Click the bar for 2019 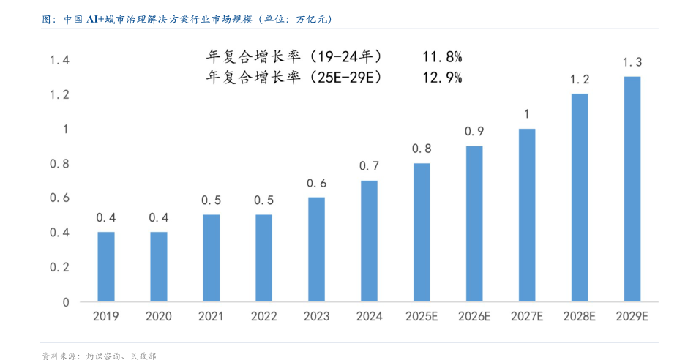(x=106, y=266)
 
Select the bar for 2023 (x=316, y=249)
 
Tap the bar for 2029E (x=632, y=189)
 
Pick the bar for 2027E (x=527, y=215)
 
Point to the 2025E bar (x=422, y=232)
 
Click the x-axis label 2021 (x=211, y=317)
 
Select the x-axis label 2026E (x=474, y=317)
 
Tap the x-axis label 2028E (x=580, y=317)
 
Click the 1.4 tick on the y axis (x=59, y=60)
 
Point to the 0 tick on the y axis (x=65, y=301)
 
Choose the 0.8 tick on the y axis (x=59, y=163)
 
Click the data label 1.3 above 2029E (x=632, y=62)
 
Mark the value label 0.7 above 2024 (x=369, y=166)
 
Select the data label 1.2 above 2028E (x=580, y=80)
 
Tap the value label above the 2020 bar (x=159, y=217)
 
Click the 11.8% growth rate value (x=441, y=56)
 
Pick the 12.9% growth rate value (x=441, y=77)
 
